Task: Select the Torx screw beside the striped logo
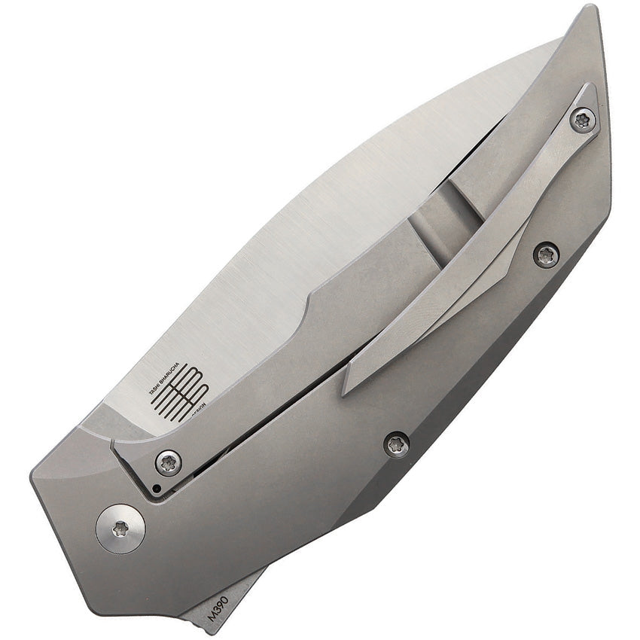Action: tap(168, 462)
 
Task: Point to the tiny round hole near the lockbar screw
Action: tap(154, 489)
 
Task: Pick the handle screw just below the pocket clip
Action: tap(545, 254)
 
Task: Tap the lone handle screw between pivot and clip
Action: tap(397, 444)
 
